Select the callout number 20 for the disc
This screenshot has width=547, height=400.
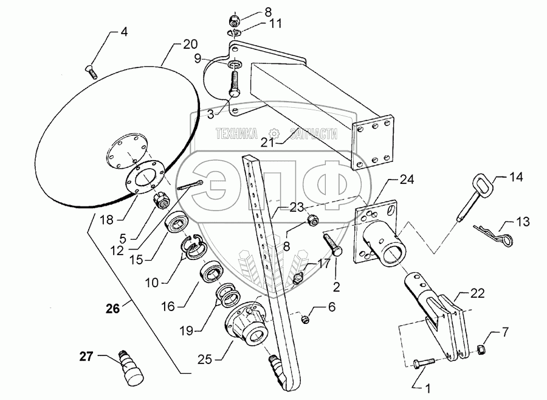pyautogui.click(x=190, y=44)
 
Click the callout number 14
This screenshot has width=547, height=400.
pyautogui.click(x=515, y=178)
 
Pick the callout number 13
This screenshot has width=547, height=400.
pyautogui.click(x=523, y=220)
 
